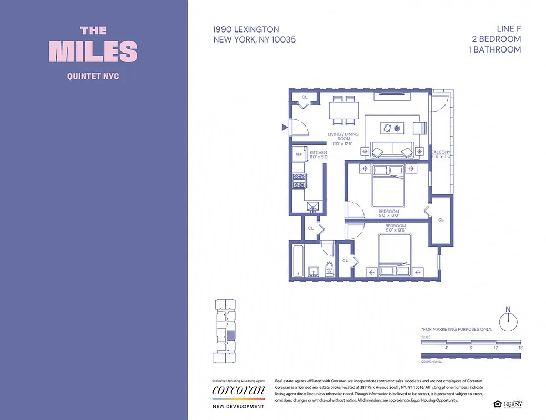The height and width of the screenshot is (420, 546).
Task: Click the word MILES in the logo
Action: click(x=93, y=51)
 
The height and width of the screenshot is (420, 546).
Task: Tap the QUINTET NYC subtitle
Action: click(x=93, y=76)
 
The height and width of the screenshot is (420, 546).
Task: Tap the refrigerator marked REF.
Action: click(x=299, y=154)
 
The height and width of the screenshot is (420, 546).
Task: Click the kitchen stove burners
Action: click(x=299, y=182)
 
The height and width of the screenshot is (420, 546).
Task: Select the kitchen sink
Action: click(x=313, y=206)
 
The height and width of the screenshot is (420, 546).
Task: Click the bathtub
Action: click(x=297, y=259)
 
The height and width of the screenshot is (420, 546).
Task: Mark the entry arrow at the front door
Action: click(x=284, y=127)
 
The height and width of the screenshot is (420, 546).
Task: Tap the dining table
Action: click(x=344, y=111)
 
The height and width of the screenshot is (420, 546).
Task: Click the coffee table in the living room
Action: click(x=392, y=128)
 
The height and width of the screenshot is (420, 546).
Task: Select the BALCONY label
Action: click(x=441, y=152)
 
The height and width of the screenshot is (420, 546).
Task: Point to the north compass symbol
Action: click(x=508, y=320)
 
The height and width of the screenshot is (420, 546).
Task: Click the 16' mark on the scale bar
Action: click(x=521, y=348)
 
